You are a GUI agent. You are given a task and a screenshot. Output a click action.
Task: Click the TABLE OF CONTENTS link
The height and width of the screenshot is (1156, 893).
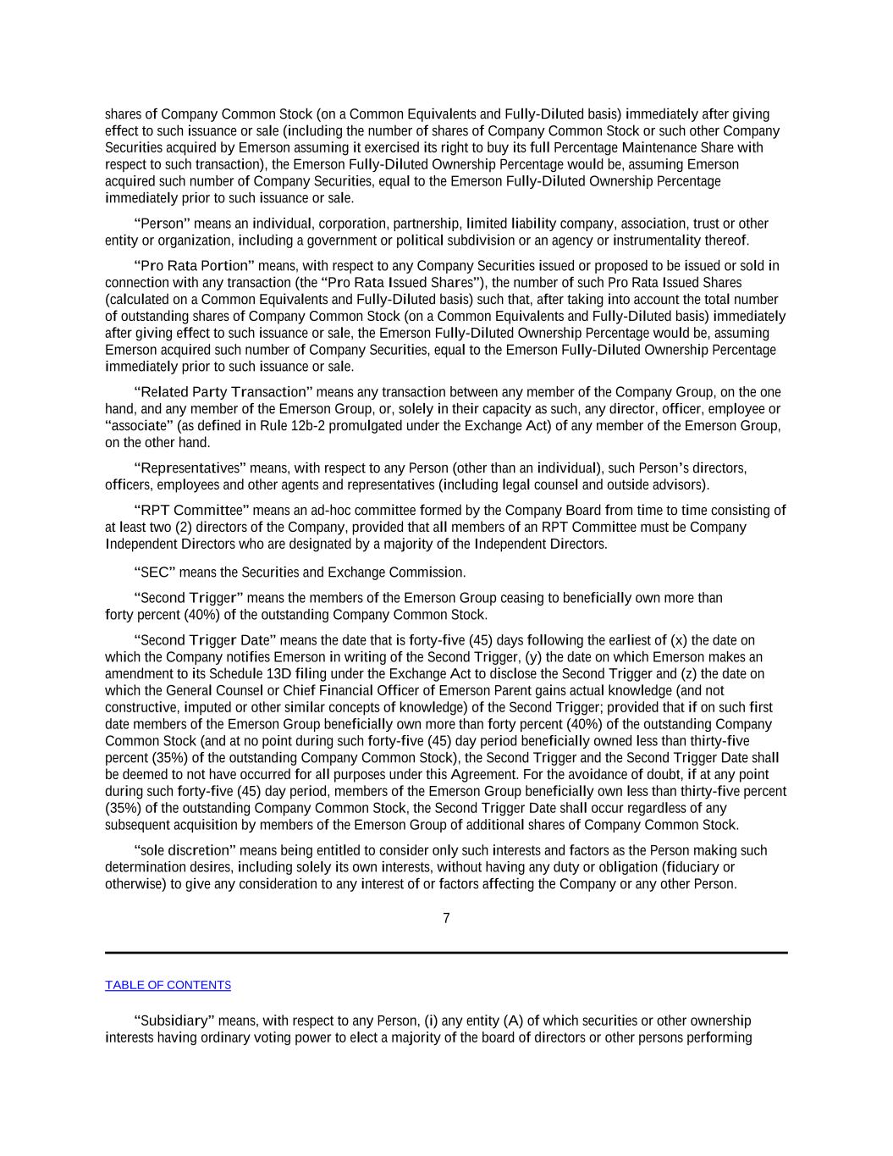pyautogui.click(x=168, y=985)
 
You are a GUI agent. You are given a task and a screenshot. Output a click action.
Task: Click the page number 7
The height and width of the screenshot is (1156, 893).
pyautogui.click(x=446, y=918)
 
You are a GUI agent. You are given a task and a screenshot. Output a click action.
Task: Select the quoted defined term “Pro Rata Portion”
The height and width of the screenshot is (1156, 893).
pyautogui.click(x=194, y=266)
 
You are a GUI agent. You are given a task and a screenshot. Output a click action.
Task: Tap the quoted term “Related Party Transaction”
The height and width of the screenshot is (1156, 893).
pyautogui.click(x=223, y=392)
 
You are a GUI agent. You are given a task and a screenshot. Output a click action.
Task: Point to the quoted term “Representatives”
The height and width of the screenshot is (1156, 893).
pyautogui.click(x=190, y=468)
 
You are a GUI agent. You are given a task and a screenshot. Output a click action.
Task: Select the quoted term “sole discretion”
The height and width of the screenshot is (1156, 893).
pyautogui.click(x=185, y=850)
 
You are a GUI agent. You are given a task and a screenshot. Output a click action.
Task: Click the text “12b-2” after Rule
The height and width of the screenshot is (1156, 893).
pyautogui.click(x=306, y=426)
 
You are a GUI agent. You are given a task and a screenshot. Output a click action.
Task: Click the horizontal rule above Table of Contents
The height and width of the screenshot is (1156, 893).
pyautogui.click(x=446, y=953)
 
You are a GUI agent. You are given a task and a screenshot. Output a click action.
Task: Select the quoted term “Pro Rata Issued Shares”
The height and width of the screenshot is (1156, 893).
pyautogui.click(x=402, y=283)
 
